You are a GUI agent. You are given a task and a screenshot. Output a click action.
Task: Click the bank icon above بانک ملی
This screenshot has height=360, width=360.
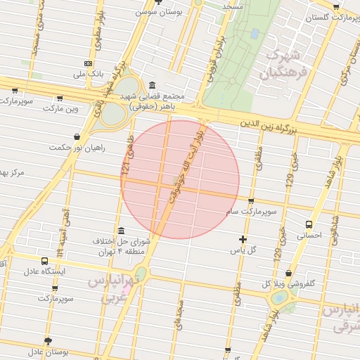point(87,63)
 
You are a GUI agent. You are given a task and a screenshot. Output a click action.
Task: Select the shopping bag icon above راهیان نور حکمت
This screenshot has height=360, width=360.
point(76,138)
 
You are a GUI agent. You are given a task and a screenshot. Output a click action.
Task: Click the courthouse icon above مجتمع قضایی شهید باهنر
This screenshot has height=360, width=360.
point(153,85)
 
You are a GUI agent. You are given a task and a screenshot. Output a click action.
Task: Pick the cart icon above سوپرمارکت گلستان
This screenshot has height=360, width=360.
point(336,6)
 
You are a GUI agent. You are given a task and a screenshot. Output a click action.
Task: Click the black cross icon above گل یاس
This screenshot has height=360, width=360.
point(243,240)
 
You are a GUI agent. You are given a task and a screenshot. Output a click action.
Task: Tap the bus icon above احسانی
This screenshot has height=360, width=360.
point(309,225)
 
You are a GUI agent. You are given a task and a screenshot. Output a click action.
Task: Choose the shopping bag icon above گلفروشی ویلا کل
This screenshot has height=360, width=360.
point(288,274)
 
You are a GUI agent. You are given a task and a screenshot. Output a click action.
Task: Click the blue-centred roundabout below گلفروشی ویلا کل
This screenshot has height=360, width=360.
point(281,298)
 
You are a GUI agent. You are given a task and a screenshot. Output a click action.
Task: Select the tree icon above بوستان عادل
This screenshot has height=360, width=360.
point(48,340)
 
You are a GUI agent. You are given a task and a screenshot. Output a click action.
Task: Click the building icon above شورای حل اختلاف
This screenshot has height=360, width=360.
point(121,231)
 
